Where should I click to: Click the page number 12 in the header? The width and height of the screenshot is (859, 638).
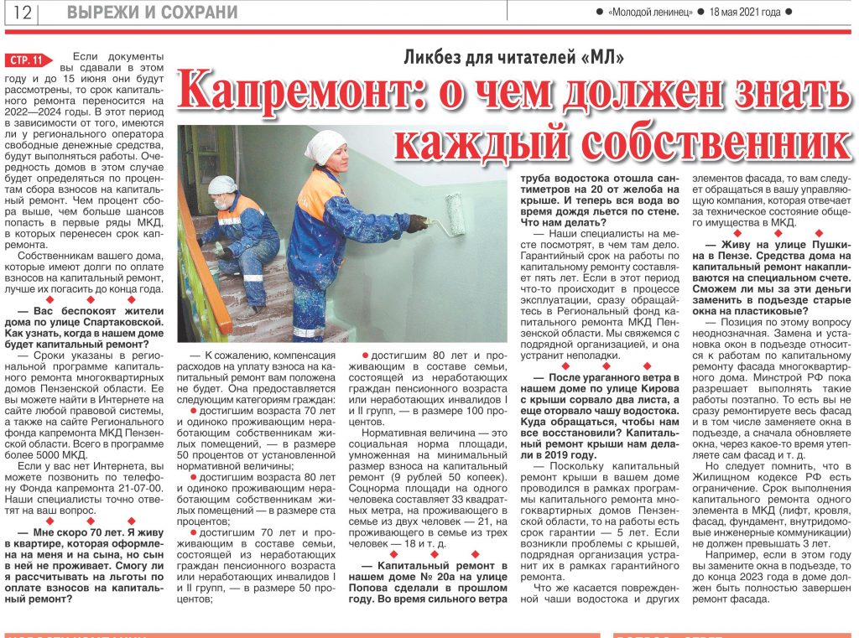coord(22,13)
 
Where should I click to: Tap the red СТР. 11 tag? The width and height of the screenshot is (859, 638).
coord(29,60)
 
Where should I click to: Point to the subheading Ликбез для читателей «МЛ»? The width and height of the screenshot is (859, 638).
coord(514,57)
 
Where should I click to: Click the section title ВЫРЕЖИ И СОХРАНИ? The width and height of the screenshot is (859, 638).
coord(152,13)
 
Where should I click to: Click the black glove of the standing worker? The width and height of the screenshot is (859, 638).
coord(417,223)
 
